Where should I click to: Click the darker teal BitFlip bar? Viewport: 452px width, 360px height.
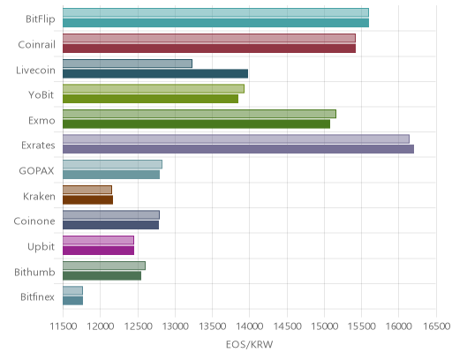[x=215, y=23]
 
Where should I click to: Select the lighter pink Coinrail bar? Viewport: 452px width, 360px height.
[x=209, y=38]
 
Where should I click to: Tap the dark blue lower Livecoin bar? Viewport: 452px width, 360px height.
[x=155, y=73]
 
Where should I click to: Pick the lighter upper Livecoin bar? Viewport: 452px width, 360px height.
[x=127, y=64]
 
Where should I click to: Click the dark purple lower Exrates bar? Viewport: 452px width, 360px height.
[x=238, y=149]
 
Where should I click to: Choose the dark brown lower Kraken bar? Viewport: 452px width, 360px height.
[x=87, y=200]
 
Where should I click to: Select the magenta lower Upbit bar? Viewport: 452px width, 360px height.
[x=98, y=251]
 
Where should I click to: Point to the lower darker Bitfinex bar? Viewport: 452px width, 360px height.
[x=72, y=301]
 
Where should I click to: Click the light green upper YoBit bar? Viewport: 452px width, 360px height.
[x=154, y=89]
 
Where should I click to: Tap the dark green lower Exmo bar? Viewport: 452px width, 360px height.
[x=196, y=124]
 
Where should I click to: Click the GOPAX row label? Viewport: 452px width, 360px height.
[x=36, y=171]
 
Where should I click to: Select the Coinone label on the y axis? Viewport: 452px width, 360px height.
[x=34, y=221]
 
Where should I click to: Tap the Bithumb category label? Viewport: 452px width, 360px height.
[x=34, y=272]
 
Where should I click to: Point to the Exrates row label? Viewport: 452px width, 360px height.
[x=38, y=146]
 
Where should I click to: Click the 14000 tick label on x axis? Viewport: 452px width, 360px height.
[x=249, y=326]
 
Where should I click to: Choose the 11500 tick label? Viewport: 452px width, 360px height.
[x=64, y=326]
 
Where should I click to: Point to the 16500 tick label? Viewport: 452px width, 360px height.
[x=437, y=326]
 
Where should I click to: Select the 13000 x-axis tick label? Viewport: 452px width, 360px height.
[x=175, y=326]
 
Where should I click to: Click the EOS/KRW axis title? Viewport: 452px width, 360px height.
[x=250, y=344]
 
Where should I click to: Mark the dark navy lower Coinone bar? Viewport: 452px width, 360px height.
[x=110, y=225]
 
